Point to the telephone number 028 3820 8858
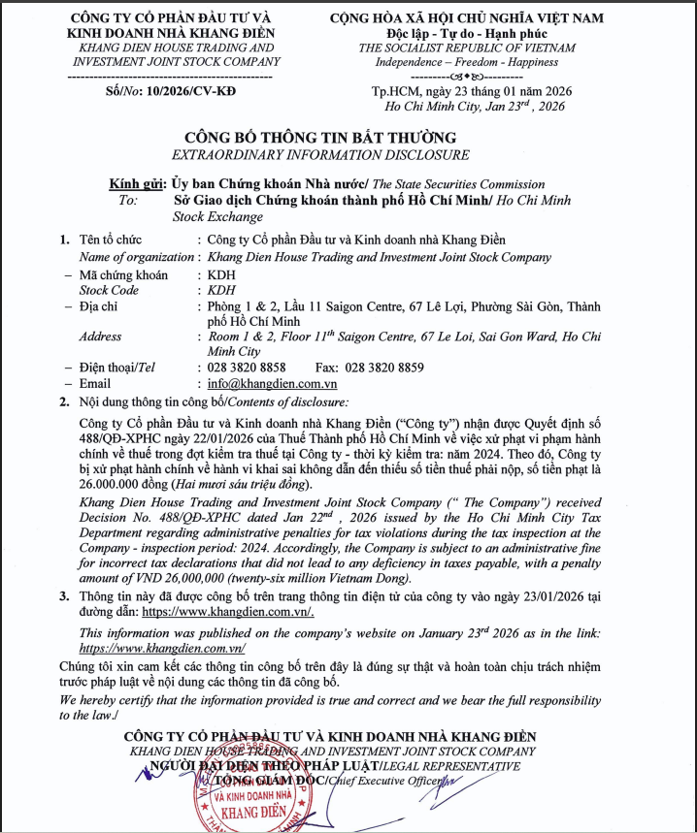247,368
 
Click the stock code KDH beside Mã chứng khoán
210,274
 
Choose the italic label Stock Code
109,289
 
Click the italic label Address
101,336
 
